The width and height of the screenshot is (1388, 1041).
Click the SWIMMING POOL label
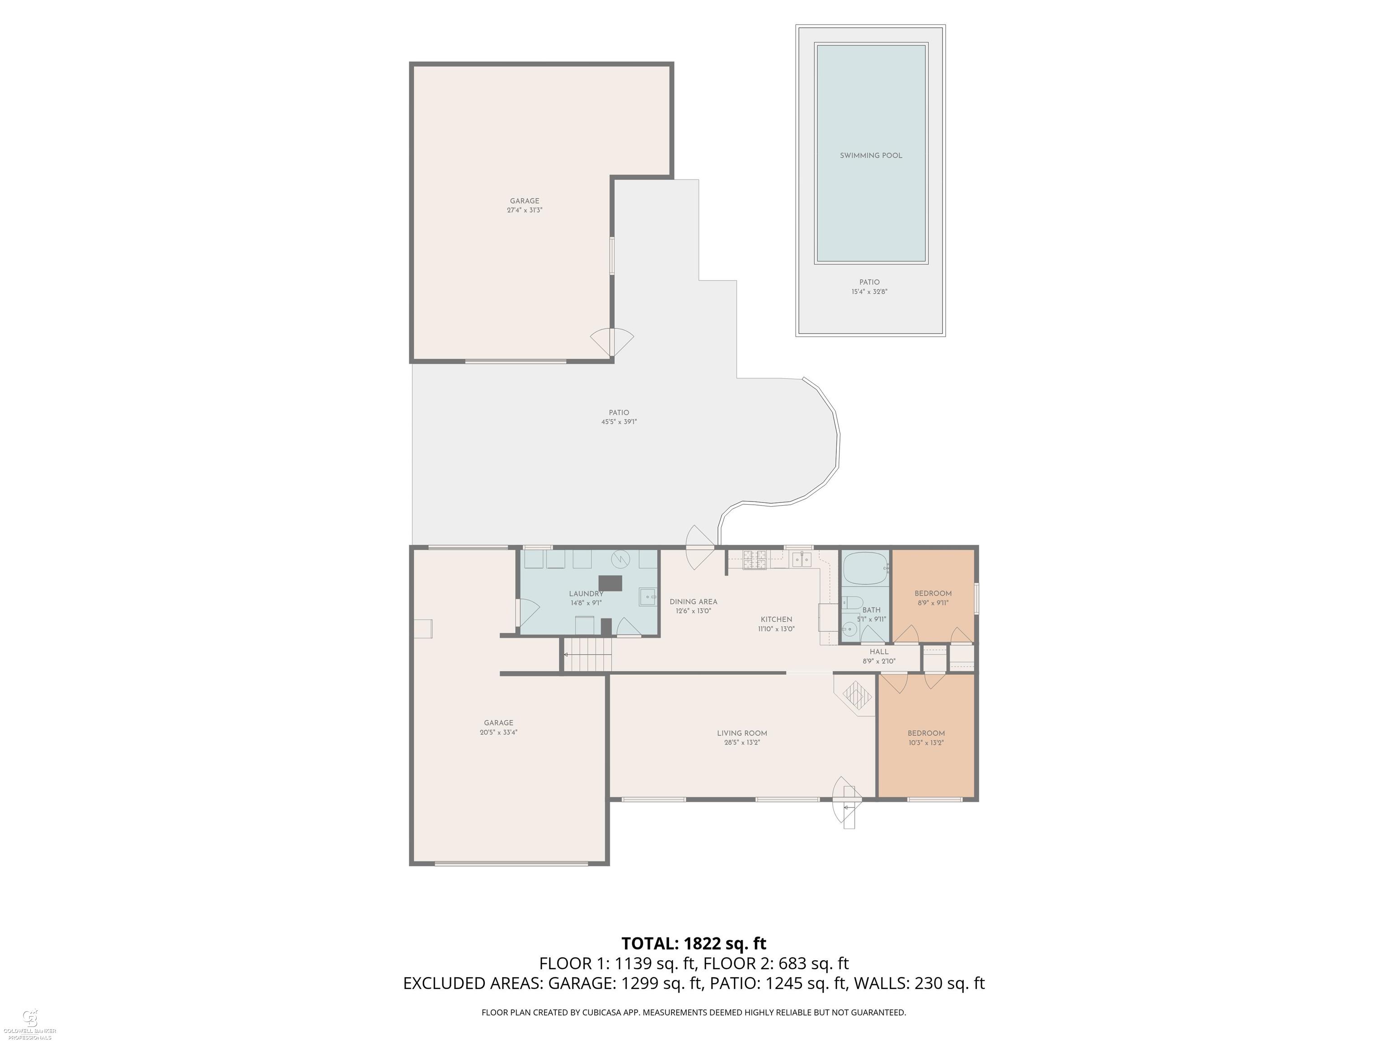871,155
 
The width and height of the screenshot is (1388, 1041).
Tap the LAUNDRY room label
586,594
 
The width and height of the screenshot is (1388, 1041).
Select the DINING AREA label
694,602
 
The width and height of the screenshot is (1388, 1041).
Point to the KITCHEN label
777,619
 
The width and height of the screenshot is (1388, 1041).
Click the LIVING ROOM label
742,733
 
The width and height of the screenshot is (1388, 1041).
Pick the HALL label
879,652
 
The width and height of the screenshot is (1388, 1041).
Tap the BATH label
872,610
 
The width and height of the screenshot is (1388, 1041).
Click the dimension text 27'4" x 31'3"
525,210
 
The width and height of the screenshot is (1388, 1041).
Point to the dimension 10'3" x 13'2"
926,742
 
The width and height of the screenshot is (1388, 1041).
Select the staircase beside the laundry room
587,655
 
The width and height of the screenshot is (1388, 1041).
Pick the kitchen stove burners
755,560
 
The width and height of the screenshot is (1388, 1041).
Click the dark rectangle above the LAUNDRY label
610,584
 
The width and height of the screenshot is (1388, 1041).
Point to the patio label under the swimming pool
870,282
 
